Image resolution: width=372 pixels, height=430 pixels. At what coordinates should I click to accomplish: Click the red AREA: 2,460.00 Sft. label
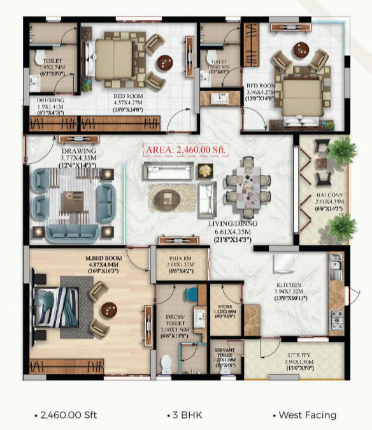click(186, 149)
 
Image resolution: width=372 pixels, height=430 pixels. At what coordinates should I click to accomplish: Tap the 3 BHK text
click(186, 415)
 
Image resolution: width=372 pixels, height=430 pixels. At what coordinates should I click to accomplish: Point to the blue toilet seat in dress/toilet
click(192, 295)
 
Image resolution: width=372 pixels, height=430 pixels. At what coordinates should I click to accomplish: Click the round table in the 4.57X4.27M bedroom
click(165, 62)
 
